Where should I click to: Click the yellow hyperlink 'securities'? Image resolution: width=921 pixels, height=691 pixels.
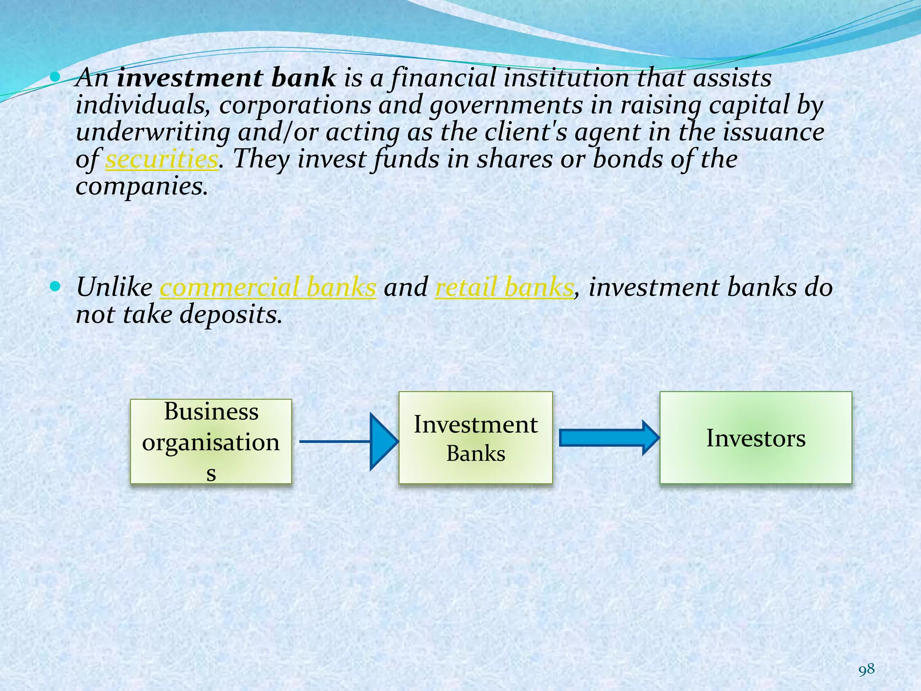[x=161, y=159]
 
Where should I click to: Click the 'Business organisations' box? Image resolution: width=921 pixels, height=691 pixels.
[x=211, y=441]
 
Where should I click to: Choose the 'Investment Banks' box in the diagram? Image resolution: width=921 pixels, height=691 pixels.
[x=475, y=438]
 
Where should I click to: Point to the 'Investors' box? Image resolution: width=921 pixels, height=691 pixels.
[x=756, y=438]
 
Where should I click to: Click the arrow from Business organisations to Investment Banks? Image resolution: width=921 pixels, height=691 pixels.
[x=349, y=441]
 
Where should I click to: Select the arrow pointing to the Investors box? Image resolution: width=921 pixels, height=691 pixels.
[x=608, y=438]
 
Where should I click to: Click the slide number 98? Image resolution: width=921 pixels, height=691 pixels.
[x=867, y=669]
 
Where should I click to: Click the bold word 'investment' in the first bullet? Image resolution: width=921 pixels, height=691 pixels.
[x=189, y=78]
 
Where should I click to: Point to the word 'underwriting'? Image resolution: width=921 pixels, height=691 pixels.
[x=152, y=132]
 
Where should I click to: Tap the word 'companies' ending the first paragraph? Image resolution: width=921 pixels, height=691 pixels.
[x=141, y=186]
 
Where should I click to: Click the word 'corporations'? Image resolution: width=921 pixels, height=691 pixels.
[x=295, y=106]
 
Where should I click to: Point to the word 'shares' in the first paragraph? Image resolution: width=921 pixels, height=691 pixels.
[x=514, y=159]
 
